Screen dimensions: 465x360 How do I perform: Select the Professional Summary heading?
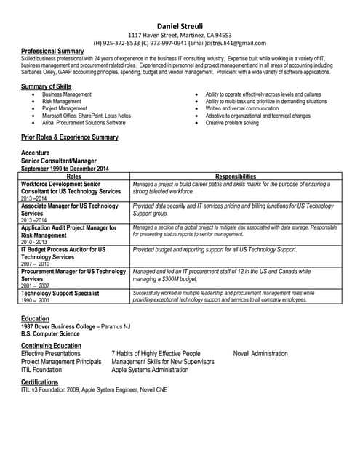(x=52, y=51)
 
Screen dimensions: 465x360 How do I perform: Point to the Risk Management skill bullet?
(x=62, y=102)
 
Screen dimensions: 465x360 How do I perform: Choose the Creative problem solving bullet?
(x=231, y=123)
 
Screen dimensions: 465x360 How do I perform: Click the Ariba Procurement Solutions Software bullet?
(x=84, y=123)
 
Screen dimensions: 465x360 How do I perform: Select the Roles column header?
(x=74, y=177)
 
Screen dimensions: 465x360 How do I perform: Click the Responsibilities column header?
(x=236, y=177)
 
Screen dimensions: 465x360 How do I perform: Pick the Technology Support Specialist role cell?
(x=60, y=293)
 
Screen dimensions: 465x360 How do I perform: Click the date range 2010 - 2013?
(x=33, y=242)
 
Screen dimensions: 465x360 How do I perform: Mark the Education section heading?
(x=36, y=318)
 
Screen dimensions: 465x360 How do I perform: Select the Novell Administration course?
(x=260, y=354)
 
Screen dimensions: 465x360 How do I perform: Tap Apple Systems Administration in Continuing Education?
(x=150, y=369)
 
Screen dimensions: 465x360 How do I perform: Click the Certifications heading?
(x=40, y=381)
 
